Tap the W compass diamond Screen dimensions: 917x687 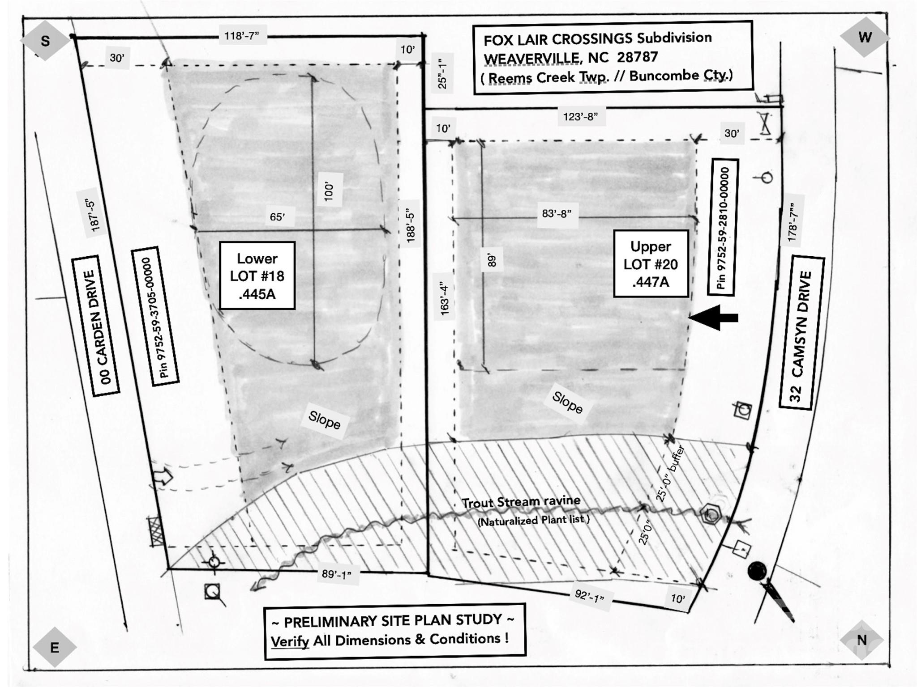[865, 37]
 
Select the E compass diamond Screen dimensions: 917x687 [55, 647]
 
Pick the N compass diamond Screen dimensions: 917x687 [862, 640]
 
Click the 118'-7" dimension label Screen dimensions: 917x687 [242, 36]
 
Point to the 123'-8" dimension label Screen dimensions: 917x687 [580, 117]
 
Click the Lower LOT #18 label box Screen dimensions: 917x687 [257, 276]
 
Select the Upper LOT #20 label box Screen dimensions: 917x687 [651, 263]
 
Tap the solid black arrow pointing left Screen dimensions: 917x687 [713, 318]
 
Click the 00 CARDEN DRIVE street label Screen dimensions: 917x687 [96, 326]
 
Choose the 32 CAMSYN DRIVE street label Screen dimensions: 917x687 [801, 332]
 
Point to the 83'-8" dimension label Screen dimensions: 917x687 [557, 214]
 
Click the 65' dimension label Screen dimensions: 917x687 [277, 217]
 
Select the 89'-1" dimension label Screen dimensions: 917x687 [337, 574]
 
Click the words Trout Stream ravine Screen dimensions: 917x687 [521, 502]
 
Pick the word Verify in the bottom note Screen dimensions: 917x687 [290, 641]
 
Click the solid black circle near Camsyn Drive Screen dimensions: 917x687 [757, 571]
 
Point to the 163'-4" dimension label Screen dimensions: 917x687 [444, 299]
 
